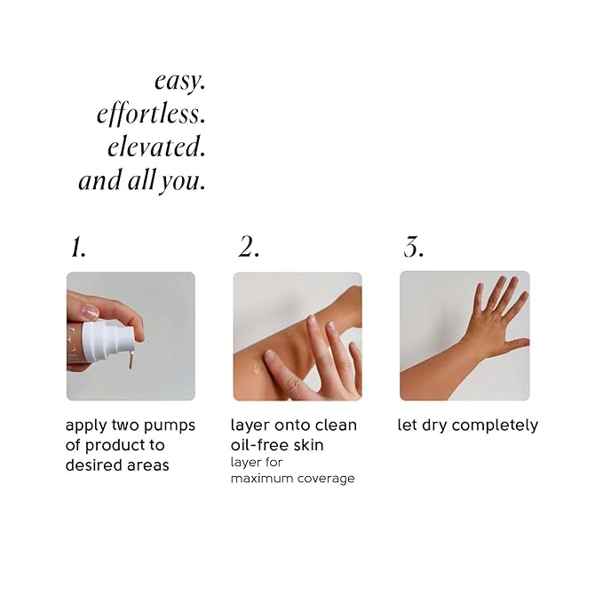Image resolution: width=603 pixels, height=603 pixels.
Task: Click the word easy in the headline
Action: [179, 82]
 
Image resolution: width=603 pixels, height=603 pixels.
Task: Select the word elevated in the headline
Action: [156, 147]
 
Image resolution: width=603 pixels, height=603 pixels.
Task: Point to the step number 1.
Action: [77, 248]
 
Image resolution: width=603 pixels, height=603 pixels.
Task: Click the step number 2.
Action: [248, 248]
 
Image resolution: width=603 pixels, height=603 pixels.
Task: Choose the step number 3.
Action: [413, 248]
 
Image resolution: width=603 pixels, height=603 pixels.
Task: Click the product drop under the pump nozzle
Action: [131, 362]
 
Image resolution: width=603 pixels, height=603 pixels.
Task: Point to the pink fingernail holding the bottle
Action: [91, 313]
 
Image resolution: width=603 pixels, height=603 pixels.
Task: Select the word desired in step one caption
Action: [92, 464]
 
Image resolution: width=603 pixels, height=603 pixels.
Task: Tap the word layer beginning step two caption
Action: [250, 425]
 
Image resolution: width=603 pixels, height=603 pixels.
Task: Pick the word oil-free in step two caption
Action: [258, 445]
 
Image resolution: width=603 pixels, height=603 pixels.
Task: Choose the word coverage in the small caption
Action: [326, 479]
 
